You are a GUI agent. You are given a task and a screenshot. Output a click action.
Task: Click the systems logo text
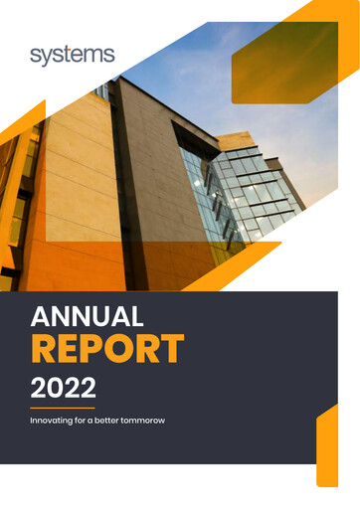(73, 55)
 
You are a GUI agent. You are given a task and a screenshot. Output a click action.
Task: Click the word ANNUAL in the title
(88, 317)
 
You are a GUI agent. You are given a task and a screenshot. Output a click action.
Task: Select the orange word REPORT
(107, 349)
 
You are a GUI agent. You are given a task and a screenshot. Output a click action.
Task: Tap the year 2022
(65, 384)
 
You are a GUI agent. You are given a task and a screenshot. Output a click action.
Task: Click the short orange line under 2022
(62, 408)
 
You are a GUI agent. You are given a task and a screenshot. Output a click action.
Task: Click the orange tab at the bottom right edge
(327, 447)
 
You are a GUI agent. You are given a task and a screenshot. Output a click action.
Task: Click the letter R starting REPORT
(44, 349)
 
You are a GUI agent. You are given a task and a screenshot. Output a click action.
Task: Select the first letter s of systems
(35, 56)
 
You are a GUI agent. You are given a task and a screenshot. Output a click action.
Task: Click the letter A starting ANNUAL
(41, 317)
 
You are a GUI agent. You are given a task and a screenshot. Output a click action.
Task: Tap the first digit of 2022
(40, 384)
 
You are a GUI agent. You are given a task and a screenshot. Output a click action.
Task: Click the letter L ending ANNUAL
(137, 317)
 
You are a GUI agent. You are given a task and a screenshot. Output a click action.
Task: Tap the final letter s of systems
(110, 56)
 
